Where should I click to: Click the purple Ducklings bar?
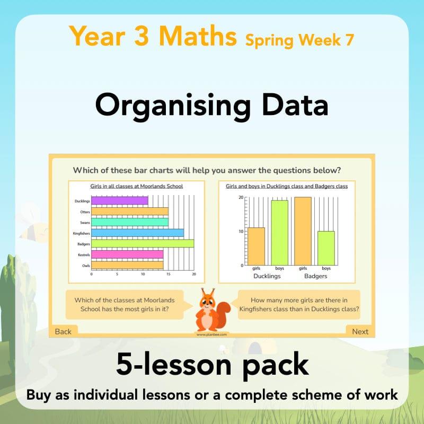pos(119,201)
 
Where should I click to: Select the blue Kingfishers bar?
pos(137,233)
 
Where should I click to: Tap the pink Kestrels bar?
pos(127,254)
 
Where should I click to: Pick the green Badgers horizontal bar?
pos(142,244)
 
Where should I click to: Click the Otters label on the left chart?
pos(83,211)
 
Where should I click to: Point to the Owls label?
pos(84,266)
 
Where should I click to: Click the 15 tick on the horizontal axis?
pos(168,274)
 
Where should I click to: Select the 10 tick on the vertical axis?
pos(240,231)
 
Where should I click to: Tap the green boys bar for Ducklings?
pos(280,232)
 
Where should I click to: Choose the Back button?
pos(63,331)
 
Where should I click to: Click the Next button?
pos(360,331)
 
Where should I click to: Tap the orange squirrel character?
pos(211,310)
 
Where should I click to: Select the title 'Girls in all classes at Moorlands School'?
pos(137,186)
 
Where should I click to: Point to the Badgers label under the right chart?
pos(315,276)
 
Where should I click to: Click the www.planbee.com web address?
pos(211,334)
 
